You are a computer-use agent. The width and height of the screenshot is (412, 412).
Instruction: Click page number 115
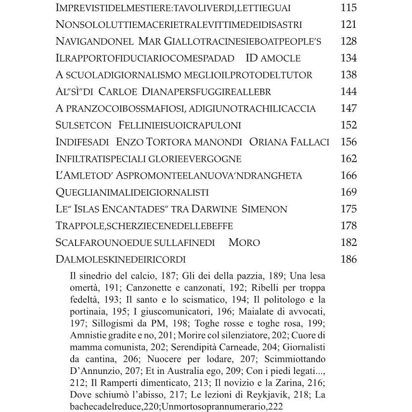pos(348,8)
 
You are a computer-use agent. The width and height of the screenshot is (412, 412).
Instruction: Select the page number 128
pos(348,41)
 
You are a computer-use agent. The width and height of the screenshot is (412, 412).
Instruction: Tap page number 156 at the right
pos(348,142)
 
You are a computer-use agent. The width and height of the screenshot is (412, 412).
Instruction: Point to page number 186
pos(348,259)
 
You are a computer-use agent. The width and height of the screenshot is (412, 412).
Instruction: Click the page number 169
pos(348,193)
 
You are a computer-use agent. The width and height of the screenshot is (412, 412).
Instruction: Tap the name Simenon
pos(263,209)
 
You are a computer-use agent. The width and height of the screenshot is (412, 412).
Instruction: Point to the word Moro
pos(244,243)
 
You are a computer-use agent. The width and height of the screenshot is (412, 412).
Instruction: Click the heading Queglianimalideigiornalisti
pos(132,193)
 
